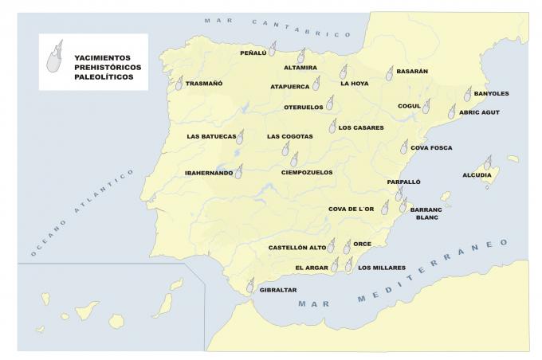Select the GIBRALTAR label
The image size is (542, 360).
coord(278,290)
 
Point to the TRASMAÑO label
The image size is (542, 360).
coord(204,84)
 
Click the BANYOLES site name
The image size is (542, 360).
coord(491,93)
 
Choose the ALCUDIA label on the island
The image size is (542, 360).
coord(477,175)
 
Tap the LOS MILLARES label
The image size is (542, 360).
coord(383,268)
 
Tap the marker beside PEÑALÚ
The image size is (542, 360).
coord(272,49)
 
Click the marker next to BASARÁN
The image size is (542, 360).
coord(390,74)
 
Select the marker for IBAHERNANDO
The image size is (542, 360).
coord(239,170)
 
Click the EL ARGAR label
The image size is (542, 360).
coord(312,268)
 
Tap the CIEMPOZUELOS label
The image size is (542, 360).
coord(307,172)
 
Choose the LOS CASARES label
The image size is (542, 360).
coord(361,127)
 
